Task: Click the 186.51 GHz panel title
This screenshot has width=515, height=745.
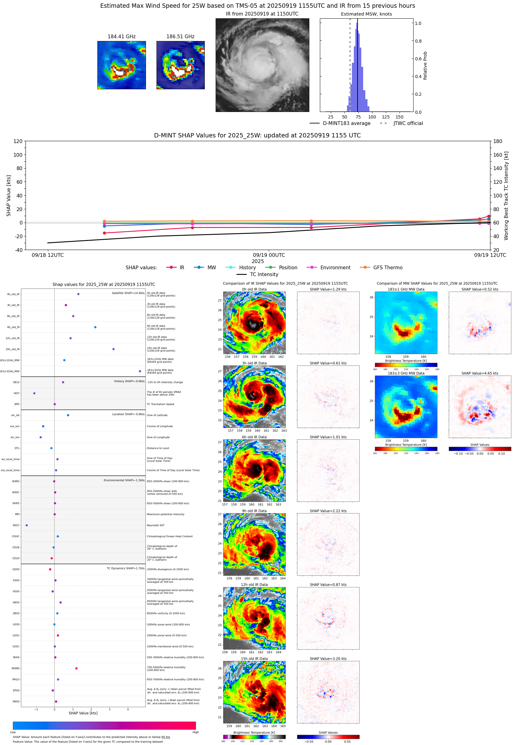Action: (x=180, y=36)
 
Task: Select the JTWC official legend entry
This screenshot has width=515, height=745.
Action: (x=408, y=123)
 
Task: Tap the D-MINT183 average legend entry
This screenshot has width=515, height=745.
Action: (x=346, y=123)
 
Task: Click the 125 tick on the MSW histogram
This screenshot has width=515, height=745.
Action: (x=386, y=117)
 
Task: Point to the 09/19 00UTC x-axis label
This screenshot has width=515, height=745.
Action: (x=269, y=255)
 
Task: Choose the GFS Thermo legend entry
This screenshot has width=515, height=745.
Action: (x=387, y=268)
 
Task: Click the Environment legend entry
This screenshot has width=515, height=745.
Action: (x=335, y=268)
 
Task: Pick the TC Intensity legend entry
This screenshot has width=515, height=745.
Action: (x=264, y=274)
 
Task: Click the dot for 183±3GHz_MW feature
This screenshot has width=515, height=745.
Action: (x=140, y=371)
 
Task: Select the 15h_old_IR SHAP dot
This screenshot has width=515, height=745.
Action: (x=113, y=349)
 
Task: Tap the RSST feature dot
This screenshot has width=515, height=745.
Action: (x=26, y=525)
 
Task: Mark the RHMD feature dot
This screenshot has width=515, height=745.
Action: (x=76, y=668)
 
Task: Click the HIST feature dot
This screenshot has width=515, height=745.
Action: (x=34, y=393)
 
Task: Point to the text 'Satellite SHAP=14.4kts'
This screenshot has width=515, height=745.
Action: (x=128, y=293)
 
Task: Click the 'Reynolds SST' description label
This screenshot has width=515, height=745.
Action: (x=156, y=525)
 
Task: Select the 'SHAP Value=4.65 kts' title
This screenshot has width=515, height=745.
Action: (x=480, y=373)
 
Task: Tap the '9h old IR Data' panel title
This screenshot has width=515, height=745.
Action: (x=254, y=511)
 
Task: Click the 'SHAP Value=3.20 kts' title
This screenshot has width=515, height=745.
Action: (x=328, y=659)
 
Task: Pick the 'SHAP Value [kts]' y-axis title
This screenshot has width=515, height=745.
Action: (x=9, y=195)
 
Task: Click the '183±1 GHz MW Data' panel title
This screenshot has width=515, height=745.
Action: (x=406, y=289)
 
